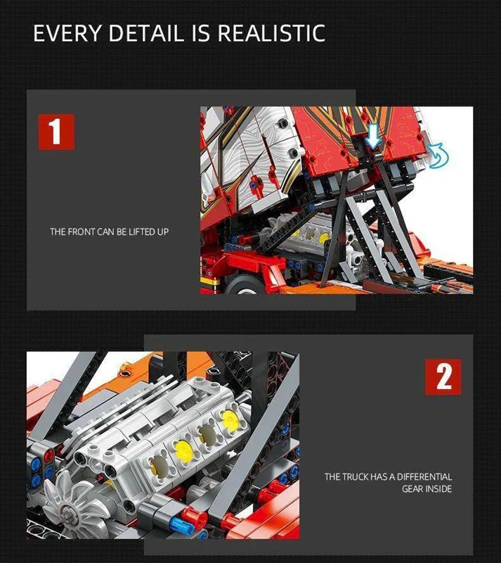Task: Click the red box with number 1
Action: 56,132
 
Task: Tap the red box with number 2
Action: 443,377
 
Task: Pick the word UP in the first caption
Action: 163,232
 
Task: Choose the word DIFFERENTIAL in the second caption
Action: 424,477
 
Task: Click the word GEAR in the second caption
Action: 412,488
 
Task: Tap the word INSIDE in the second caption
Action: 438,488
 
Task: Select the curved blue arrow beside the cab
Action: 438,155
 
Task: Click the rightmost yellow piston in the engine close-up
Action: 230,419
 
